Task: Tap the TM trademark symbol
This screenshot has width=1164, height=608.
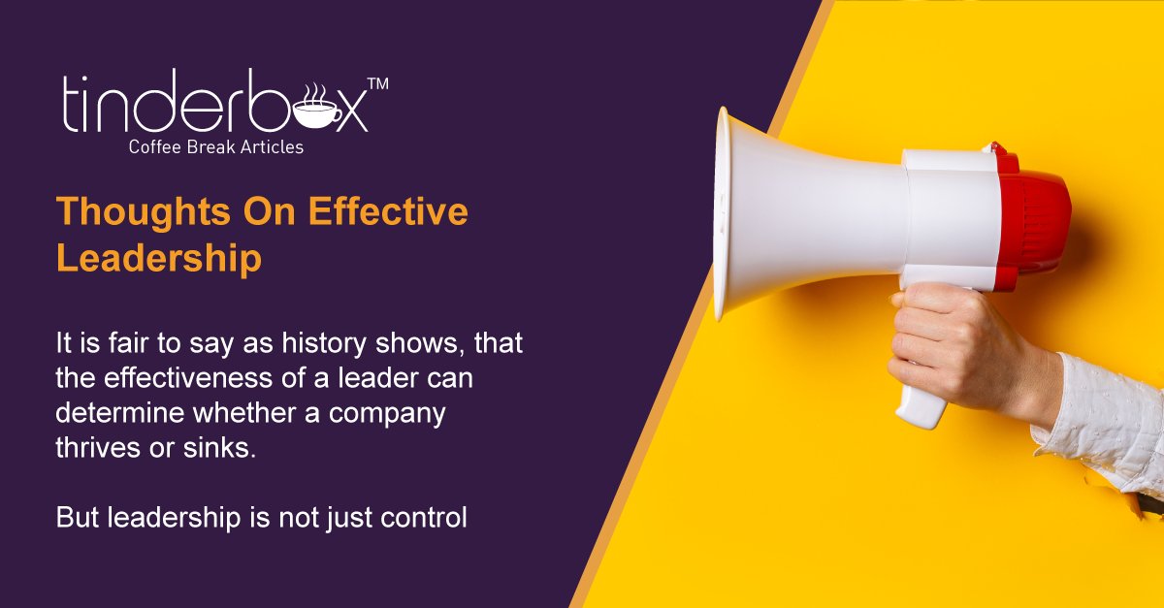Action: pos(378,84)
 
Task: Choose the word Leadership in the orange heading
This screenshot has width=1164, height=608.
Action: pos(158,259)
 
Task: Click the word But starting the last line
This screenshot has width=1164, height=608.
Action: pos(77,517)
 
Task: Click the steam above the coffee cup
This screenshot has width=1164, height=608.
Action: pos(314,93)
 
